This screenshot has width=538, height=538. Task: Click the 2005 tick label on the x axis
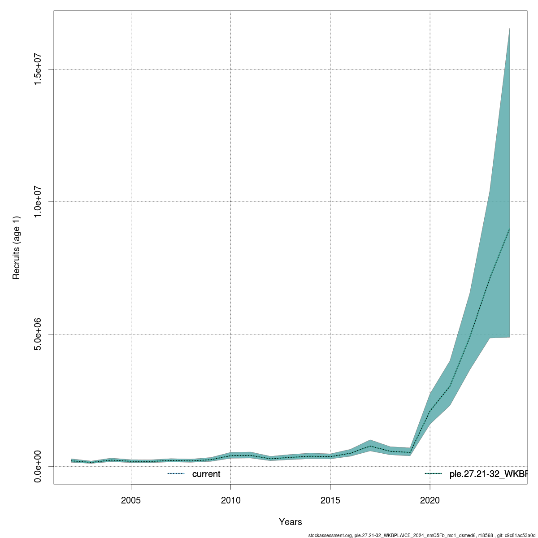click(131, 500)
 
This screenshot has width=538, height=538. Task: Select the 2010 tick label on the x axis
click(230, 500)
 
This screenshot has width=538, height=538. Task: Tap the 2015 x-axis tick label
click(330, 500)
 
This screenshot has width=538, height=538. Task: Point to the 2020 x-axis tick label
click(430, 500)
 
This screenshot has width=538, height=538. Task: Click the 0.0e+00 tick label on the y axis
click(39, 466)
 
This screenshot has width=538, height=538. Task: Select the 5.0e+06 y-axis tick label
click(39, 334)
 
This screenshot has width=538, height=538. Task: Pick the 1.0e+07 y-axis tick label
click(39, 202)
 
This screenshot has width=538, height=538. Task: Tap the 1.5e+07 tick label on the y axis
click(39, 69)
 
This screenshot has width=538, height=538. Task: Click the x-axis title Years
click(290, 522)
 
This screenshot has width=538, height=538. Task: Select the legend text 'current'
click(206, 474)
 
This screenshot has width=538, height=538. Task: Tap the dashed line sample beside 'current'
click(176, 474)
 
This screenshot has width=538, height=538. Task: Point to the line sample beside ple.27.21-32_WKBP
click(434, 474)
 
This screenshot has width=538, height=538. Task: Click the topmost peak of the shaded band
click(509, 29)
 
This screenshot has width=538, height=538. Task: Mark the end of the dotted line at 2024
click(509, 229)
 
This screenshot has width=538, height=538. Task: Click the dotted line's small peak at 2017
click(370, 446)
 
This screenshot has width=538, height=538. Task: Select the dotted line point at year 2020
click(430, 411)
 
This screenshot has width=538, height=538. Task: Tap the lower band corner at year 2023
click(490, 338)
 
